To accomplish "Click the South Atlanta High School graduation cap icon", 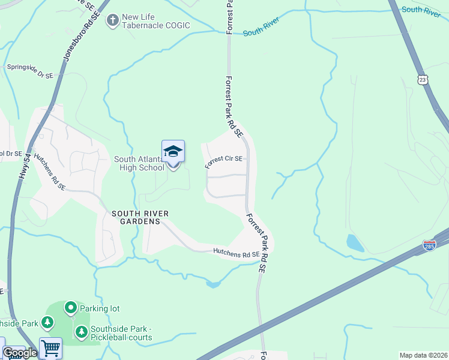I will point(173,151).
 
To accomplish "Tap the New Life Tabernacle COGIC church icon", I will point(112,21).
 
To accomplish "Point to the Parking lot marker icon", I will point(70,308).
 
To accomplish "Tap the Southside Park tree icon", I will point(47,323).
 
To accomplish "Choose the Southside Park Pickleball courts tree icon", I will point(81,332).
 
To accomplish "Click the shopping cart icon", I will point(50,348).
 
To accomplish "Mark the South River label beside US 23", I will point(421,11).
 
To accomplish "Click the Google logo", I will point(20,353).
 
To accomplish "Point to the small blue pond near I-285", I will point(355,243).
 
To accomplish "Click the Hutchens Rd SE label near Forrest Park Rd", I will point(236,254).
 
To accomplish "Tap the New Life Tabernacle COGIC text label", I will point(155,21).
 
